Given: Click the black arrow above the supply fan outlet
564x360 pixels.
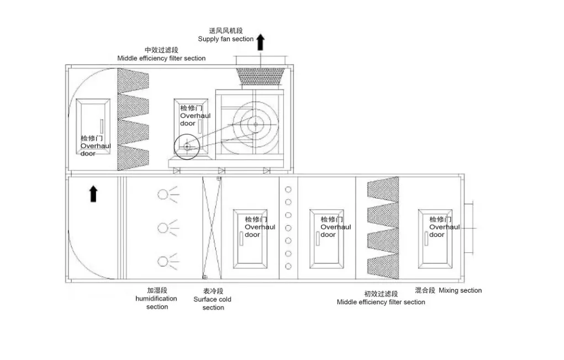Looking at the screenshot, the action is pyautogui.click(x=260, y=42).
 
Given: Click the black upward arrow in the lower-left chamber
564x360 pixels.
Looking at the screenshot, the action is pyautogui.click(x=93, y=193).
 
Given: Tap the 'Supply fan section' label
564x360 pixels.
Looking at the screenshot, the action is pyautogui.click(x=225, y=39).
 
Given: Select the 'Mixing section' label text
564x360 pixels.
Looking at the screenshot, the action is pyautogui.click(x=460, y=290).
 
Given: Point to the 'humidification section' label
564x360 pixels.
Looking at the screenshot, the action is pyautogui.click(x=156, y=299).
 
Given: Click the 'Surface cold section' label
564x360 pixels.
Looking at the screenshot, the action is pyautogui.click(x=213, y=299).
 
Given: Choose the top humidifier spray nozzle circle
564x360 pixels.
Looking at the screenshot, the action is pyautogui.click(x=162, y=194).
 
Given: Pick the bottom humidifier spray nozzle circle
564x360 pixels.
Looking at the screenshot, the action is pyautogui.click(x=162, y=261).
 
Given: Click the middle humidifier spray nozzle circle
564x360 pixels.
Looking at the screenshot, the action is pyautogui.click(x=162, y=227).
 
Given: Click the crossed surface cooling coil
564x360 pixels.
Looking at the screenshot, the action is pyautogui.click(x=212, y=227).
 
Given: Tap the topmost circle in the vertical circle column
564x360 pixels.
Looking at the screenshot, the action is pyautogui.click(x=288, y=189).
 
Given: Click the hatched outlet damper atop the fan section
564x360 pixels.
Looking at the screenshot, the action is pyautogui.click(x=260, y=76).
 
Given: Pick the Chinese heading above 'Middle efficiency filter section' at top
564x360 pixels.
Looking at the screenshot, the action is pyautogui.click(x=161, y=50).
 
